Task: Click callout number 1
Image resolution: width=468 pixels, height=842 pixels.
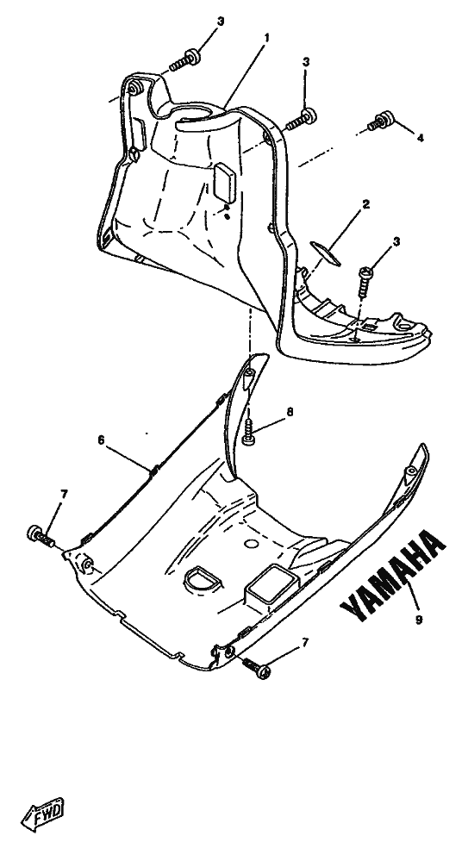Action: click(267, 38)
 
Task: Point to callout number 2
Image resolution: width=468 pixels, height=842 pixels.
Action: click(366, 204)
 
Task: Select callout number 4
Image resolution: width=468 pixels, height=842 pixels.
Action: click(421, 138)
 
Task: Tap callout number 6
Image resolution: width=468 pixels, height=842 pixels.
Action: click(101, 440)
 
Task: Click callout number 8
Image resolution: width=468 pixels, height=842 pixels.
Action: click(290, 412)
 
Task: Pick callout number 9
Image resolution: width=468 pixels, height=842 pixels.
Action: click(419, 619)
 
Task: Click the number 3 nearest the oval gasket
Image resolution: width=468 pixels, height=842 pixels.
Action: click(396, 242)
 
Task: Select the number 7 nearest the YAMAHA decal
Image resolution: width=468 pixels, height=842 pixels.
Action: click(306, 642)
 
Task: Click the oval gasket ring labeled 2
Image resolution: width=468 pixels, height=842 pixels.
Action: click(324, 253)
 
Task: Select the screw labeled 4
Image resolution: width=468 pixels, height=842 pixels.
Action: click(380, 121)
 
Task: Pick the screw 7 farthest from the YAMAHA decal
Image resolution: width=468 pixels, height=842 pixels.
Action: click(41, 534)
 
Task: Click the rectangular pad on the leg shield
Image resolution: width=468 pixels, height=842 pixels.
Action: click(225, 183)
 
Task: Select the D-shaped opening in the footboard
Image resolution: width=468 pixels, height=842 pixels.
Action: click(201, 577)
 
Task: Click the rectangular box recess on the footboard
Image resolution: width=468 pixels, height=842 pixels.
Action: click(271, 586)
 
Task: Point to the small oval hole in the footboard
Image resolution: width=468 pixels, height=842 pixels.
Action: click(251, 544)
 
